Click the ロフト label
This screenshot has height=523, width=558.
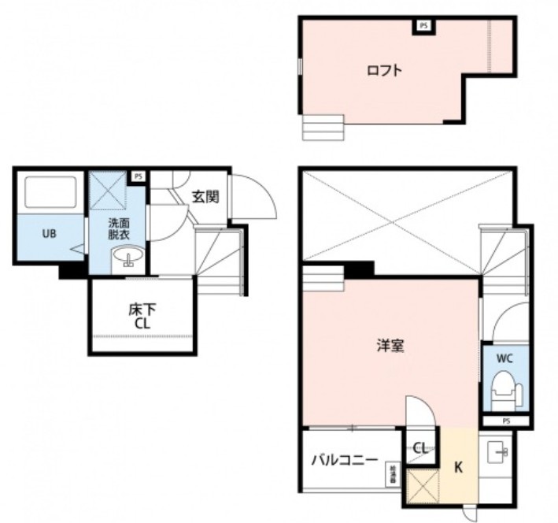[384, 70]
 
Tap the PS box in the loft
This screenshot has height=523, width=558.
[424, 26]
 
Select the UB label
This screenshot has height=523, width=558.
[48, 232]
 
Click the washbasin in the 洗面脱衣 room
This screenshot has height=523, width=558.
[126, 257]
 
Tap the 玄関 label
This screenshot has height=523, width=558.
[206, 196]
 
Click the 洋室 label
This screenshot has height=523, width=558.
[390, 344]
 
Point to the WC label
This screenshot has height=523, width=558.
[504, 358]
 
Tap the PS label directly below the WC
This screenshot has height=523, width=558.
[505, 421]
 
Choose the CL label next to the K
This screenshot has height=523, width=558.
[421, 448]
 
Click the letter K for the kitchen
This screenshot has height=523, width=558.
[459, 466]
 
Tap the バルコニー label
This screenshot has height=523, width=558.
[343, 459]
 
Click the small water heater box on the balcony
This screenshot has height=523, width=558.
[391, 475]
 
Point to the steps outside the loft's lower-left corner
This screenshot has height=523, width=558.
[323, 127]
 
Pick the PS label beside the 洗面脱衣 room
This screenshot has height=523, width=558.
[139, 176]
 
